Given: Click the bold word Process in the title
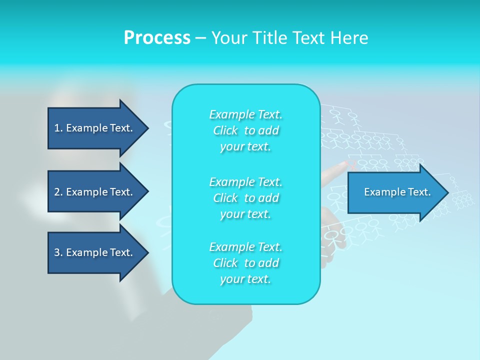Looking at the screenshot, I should (x=157, y=38).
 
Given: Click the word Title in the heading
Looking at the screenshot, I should (x=270, y=38).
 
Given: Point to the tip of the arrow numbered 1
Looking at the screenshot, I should (x=147, y=128).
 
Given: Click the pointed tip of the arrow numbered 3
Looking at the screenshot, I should (x=147, y=252).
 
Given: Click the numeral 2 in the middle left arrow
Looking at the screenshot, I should (x=57, y=192).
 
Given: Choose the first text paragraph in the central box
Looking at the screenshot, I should (x=245, y=130).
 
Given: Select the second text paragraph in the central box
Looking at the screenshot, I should (x=245, y=197).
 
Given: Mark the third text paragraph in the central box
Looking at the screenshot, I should (x=245, y=263).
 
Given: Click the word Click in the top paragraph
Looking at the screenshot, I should (x=225, y=131).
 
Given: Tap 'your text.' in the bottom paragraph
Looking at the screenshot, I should (x=245, y=279).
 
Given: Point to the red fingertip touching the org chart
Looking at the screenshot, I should (x=343, y=164).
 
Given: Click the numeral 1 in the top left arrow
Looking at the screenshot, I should (x=57, y=128).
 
